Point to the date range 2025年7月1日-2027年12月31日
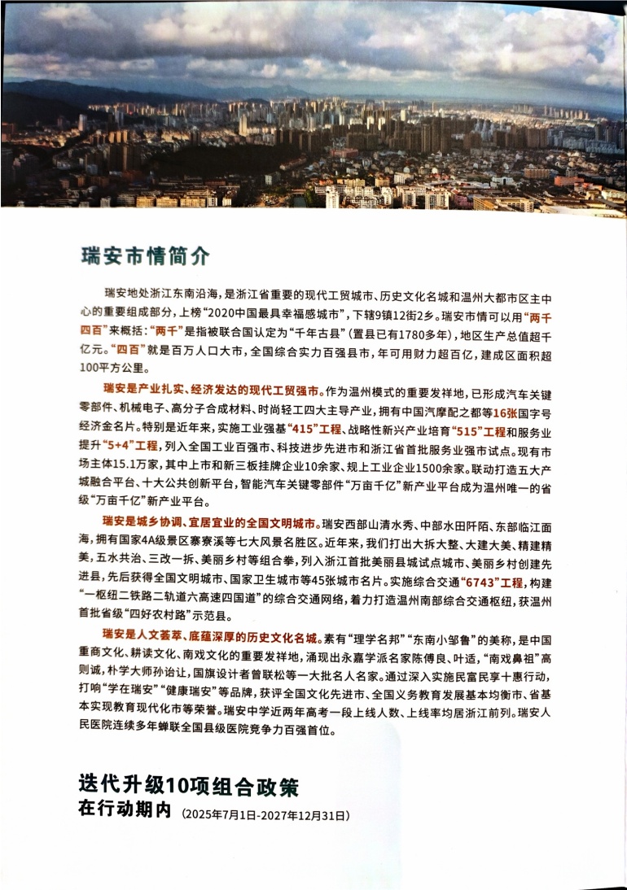(x=266, y=813)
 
